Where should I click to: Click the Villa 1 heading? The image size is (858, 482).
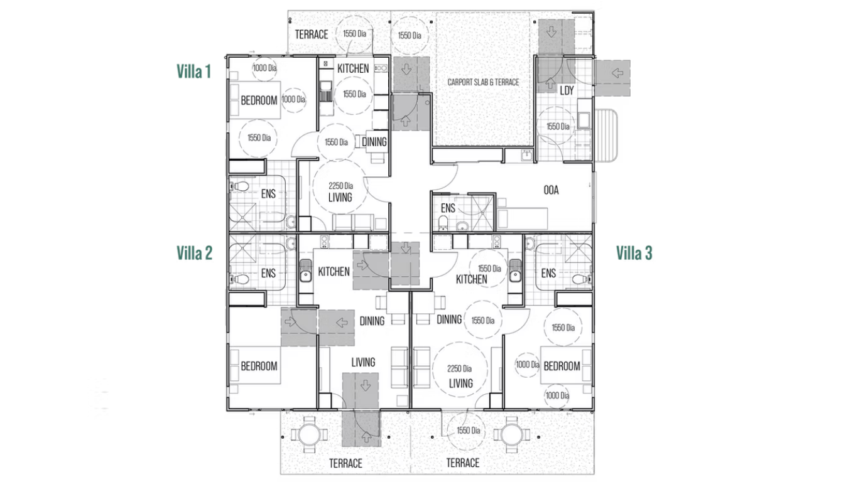tap(194, 71)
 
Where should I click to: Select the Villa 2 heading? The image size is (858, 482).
tap(195, 253)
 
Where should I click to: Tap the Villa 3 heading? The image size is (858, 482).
tap(634, 253)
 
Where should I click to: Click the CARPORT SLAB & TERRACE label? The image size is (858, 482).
tap(483, 82)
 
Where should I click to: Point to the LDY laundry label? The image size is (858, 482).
tap(567, 90)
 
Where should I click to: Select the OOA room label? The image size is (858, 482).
tap(551, 190)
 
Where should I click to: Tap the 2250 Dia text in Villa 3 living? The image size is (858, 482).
tap(459, 368)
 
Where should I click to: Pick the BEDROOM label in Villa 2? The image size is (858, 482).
tap(259, 367)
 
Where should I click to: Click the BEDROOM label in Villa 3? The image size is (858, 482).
tap(562, 367)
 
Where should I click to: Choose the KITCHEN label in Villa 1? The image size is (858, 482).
tap(353, 68)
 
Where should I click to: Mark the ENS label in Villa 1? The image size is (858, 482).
tap(268, 194)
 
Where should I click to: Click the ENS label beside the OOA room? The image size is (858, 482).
tap(448, 208)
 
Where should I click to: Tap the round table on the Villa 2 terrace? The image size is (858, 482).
tap(309, 435)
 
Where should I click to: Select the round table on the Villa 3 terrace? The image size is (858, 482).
tap(512, 435)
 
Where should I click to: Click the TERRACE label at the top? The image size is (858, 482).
tap(312, 35)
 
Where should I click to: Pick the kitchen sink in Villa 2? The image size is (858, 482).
tap(305, 270)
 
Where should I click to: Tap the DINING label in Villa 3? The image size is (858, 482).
tap(449, 319)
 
